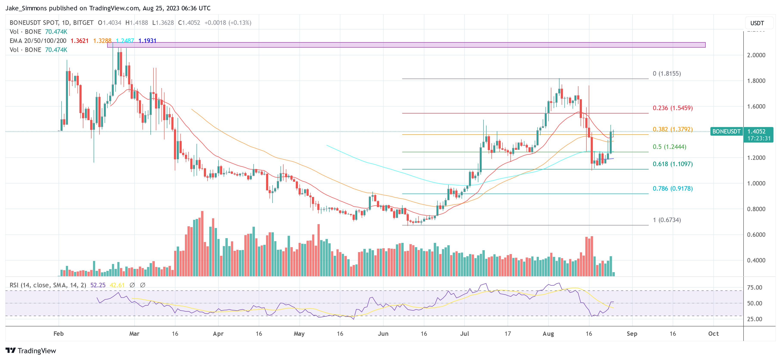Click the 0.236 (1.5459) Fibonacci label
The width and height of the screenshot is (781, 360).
click(673, 108)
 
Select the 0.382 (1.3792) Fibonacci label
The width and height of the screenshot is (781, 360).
click(673, 129)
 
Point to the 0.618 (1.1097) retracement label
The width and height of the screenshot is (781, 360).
click(673, 164)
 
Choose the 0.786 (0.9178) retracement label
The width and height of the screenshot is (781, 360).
click(673, 189)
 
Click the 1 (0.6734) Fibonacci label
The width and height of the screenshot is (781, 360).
click(667, 220)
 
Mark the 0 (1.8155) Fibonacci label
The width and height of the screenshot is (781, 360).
click(667, 74)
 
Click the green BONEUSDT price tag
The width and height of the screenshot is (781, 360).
click(726, 131)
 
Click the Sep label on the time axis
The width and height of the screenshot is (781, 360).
click(632, 334)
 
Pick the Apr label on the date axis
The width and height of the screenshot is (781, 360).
click(218, 334)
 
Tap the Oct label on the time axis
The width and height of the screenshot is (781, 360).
click(713, 334)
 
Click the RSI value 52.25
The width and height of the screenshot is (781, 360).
click(98, 285)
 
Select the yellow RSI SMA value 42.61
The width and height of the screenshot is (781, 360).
click(117, 285)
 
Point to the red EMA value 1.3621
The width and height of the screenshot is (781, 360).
click(79, 41)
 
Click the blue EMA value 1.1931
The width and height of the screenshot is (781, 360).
click(147, 41)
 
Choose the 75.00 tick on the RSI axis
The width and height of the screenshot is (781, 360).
click(754, 287)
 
